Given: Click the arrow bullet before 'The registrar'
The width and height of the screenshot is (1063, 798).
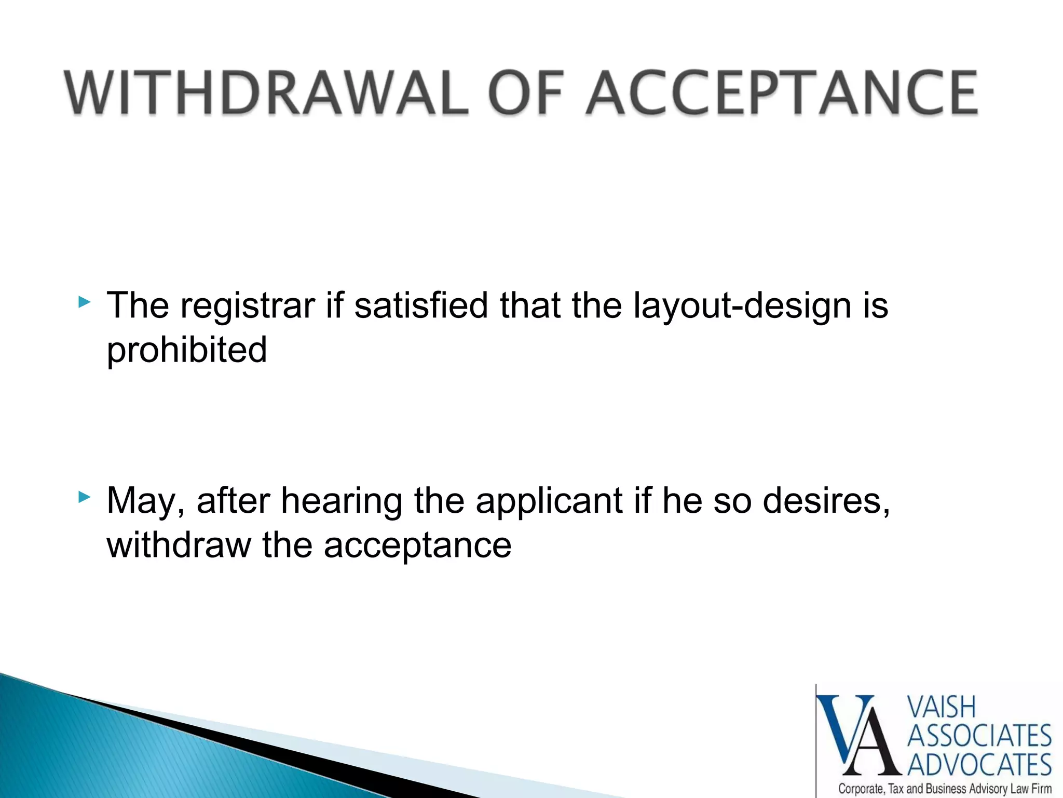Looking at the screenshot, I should [85, 302].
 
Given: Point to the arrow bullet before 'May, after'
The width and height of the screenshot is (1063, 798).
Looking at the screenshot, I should [85, 497].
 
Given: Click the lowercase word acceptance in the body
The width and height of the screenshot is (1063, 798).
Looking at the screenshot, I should [418, 545].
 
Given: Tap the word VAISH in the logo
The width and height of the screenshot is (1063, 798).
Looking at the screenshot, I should [941, 708].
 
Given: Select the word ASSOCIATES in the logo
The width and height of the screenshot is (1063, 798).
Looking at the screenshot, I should [979, 737].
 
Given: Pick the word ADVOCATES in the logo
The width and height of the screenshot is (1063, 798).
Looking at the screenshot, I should [979, 765].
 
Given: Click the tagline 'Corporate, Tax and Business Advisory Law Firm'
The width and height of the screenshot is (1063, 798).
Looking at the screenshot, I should [945, 789].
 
